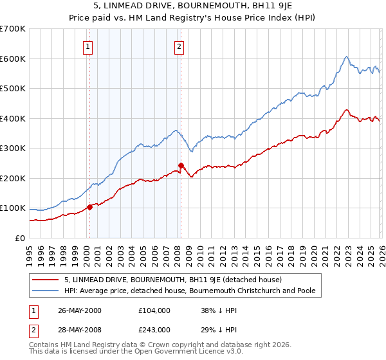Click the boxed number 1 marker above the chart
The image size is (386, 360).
[x=87, y=46]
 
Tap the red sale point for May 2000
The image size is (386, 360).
[x=89, y=207]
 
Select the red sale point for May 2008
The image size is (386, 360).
[x=181, y=165]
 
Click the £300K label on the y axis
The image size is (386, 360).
[x=13, y=148]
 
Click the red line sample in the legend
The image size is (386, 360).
[x=46, y=280]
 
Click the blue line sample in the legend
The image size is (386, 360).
[x=46, y=291]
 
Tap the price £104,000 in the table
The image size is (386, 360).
[x=154, y=310]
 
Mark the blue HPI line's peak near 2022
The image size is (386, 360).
[x=346, y=57]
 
